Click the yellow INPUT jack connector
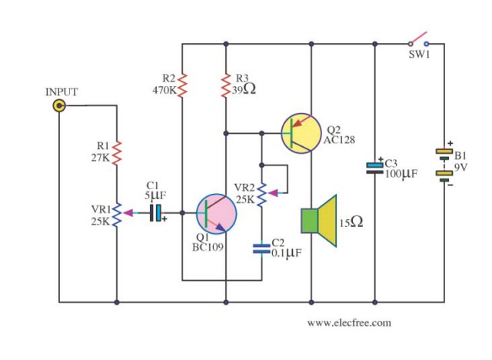(59, 106)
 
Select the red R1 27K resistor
(117, 153)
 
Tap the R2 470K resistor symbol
(182, 85)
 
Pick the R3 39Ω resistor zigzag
(225, 85)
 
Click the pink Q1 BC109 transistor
(217, 214)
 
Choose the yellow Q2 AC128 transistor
(301, 133)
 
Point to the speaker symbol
(319, 221)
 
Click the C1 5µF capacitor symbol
(156, 213)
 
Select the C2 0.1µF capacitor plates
(261, 249)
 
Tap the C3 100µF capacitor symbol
(375, 168)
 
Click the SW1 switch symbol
(418, 41)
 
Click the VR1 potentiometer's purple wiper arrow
(128, 213)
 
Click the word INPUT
(61, 92)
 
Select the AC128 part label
(339, 140)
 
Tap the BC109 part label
(208, 248)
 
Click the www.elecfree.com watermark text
(349, 323)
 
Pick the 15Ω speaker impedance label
(351, 222)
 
